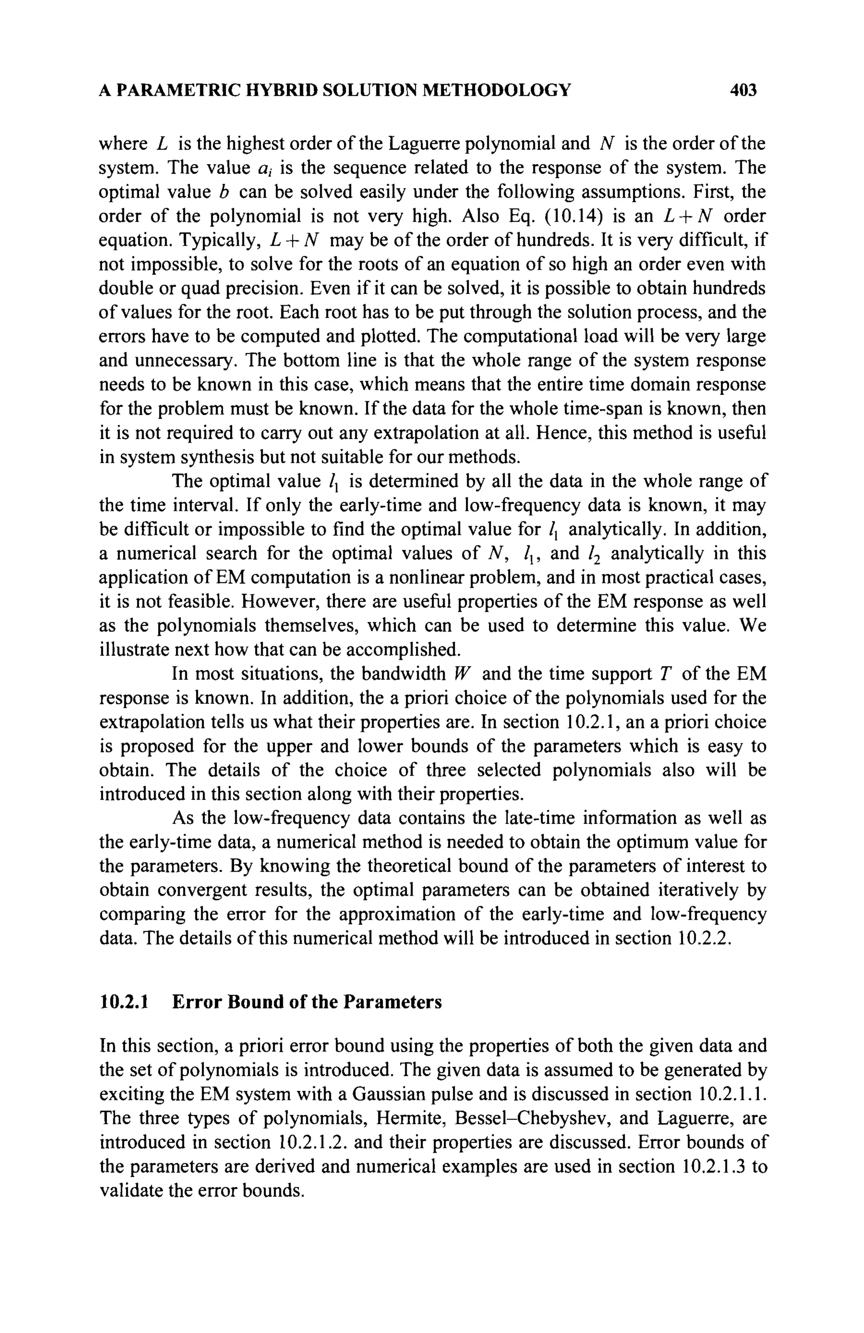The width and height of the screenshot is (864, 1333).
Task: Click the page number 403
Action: pos(743,90)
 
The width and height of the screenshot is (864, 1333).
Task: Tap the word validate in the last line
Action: pos(133,1191)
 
